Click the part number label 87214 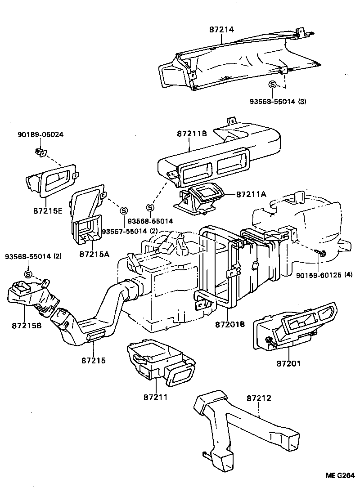(x=221, y=29)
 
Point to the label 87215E (x=47, y=210)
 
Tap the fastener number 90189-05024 (x=40, y=134)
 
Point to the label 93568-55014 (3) (x=278, y=102)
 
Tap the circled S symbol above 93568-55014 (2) (x=27, y=274)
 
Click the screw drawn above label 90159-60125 (x=321, y=253)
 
